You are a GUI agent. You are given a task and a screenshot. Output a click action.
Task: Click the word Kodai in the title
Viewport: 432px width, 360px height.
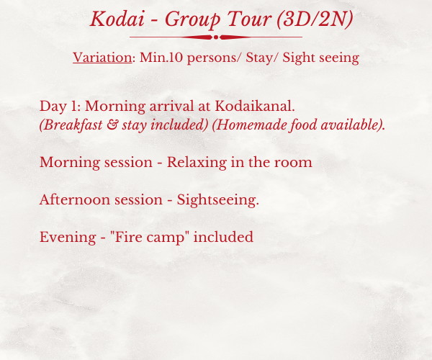117,19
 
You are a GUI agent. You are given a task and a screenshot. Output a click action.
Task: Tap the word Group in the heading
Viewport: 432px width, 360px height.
192,20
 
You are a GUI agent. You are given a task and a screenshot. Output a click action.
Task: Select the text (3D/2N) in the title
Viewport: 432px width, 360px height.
315,19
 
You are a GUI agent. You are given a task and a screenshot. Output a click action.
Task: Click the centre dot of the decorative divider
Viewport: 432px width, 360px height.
216,37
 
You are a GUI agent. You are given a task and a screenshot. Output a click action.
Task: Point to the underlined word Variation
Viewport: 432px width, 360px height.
102,58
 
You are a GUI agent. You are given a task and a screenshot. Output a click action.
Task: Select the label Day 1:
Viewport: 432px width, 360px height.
60,107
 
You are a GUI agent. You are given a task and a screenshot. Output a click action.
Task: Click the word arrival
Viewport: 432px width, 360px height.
171,106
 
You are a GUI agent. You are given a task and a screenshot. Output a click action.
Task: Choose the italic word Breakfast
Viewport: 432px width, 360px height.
71,125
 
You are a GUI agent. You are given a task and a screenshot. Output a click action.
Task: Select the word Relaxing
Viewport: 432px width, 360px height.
197,163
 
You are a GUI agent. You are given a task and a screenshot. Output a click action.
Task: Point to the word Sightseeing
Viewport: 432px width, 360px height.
218,200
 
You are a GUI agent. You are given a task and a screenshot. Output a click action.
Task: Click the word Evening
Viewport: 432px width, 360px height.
68,238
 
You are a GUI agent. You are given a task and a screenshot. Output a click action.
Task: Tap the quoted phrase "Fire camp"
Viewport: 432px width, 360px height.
149,238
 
